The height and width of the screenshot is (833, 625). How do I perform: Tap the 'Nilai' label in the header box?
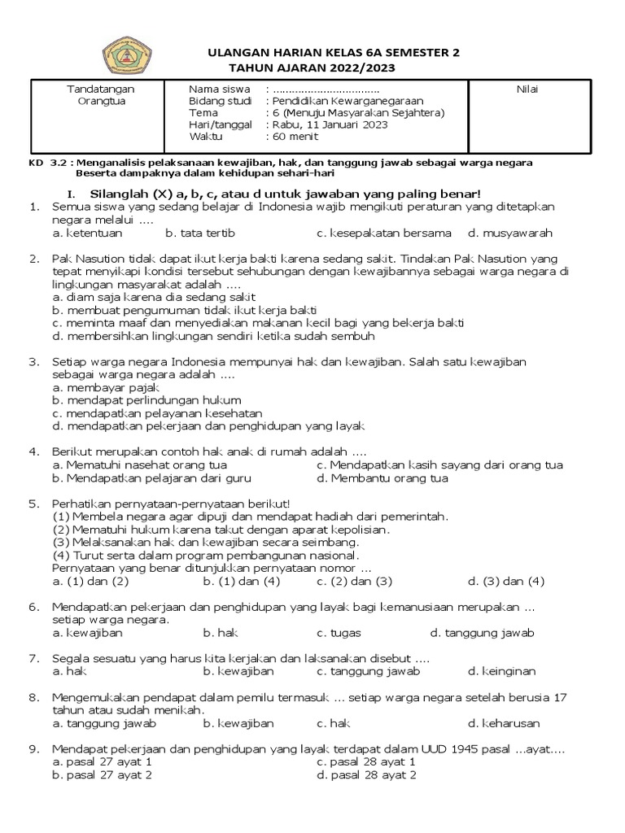tap(527, 89)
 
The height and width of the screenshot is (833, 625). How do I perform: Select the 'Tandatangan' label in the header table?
tap(100, 89)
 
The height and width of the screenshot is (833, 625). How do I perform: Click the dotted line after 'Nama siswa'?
tap(326, 89)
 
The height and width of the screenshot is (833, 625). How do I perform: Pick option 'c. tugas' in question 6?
tap(339, 633)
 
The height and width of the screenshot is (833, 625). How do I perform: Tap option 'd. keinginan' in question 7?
tap(501, 671)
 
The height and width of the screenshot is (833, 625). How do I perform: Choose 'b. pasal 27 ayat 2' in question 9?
tap(102, 775)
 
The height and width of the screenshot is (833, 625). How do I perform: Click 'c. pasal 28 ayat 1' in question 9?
tap(366, 762)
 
